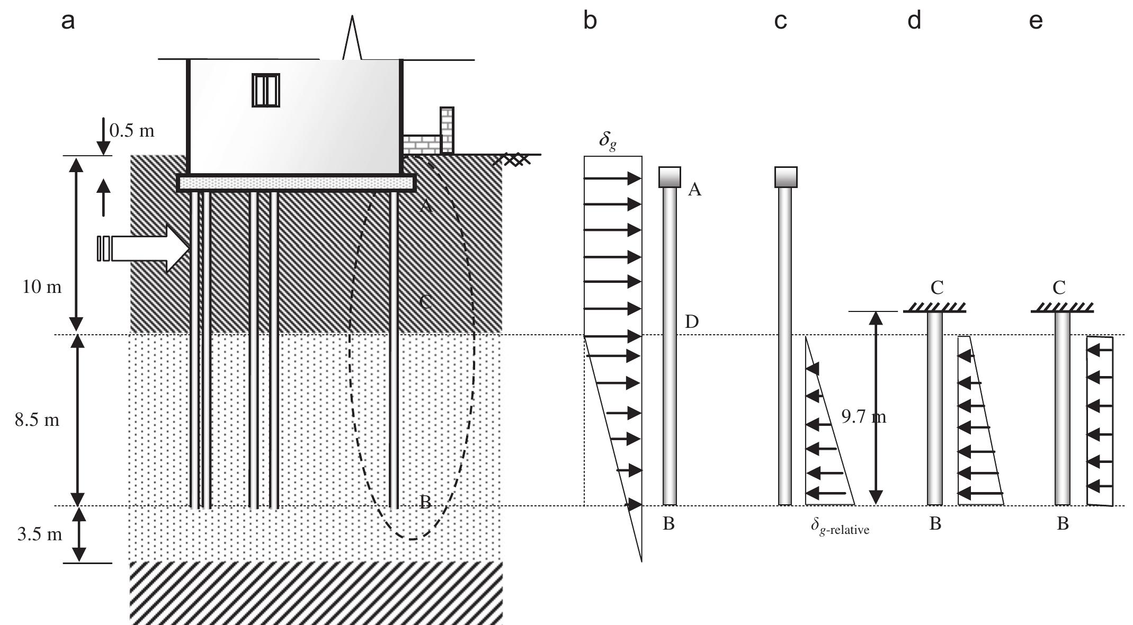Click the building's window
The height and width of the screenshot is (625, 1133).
(x=265, y=90)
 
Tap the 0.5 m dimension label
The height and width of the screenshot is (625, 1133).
(x=132, y=130)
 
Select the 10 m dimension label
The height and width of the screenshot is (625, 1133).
(x=42, y=287)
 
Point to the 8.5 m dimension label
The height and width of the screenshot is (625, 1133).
(x=37, y=421)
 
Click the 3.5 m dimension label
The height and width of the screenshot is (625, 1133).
(x=40, y=534)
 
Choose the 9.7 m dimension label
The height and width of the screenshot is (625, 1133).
(x=863, y=417)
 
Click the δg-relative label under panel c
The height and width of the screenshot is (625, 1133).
(x=840, y=528)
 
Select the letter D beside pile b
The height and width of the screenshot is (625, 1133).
(x=692, y=322)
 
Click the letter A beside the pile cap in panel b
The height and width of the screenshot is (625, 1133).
(x=694, y=190)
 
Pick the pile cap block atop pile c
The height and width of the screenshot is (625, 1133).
(x=786, y=177)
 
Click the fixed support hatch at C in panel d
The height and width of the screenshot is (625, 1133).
(x=935, y=307)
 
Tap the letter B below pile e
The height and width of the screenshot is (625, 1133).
(x=1063, y=524)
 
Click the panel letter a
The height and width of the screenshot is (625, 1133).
(x=68, y=22)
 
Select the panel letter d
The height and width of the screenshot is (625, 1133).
(x=914, y=21)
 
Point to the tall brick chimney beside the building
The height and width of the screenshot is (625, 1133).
(x=447, y=130)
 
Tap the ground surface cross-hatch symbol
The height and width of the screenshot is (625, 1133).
(x=511, y=159)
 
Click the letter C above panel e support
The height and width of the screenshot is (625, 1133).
(x=1059, y=288)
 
